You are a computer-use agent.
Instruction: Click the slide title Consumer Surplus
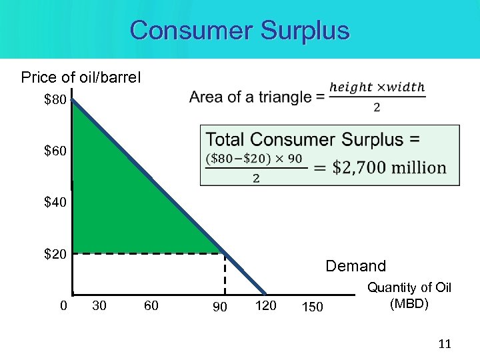[240, 31]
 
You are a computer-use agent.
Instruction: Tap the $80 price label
[55, 101]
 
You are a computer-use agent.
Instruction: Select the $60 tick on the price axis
[55, 151]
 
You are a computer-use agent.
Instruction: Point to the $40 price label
[55, 202]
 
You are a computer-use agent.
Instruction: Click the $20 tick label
[55, 253]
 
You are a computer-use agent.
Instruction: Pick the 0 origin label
[63, 306]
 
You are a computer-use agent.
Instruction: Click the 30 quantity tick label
[99, 306]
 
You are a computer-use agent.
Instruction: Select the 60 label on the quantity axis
[151, 306]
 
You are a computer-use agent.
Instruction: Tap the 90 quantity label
[219, 307]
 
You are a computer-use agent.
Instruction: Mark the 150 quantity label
[312, 307]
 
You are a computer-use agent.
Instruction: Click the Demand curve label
[355, 267]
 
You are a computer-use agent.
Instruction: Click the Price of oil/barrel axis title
[81, 77]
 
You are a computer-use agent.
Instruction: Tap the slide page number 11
[445, 344]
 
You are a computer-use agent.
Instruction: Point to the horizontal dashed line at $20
[147, 254]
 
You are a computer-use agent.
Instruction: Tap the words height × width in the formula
[377, 87]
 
